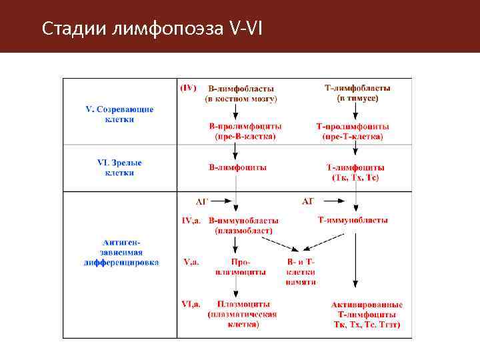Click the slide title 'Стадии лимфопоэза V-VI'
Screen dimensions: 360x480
point(152,29)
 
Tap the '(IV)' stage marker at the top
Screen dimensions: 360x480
point(189,87)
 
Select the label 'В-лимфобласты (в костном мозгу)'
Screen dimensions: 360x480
point(241,93)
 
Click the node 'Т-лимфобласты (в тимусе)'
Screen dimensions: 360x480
point(357,93)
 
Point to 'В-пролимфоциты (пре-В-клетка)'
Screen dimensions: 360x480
point(245,131)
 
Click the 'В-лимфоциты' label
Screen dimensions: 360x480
point(238,167)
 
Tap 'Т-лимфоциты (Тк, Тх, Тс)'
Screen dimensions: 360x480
point(355,172)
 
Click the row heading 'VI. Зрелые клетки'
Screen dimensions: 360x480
point(119,167)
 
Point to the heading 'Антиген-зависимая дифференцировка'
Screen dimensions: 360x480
point(121,253)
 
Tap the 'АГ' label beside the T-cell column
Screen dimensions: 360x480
point(308,201)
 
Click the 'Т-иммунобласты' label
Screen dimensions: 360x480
point(353,220)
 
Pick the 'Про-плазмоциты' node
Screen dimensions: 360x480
point(240,267)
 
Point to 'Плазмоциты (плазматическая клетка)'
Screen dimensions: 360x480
point(241,314)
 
